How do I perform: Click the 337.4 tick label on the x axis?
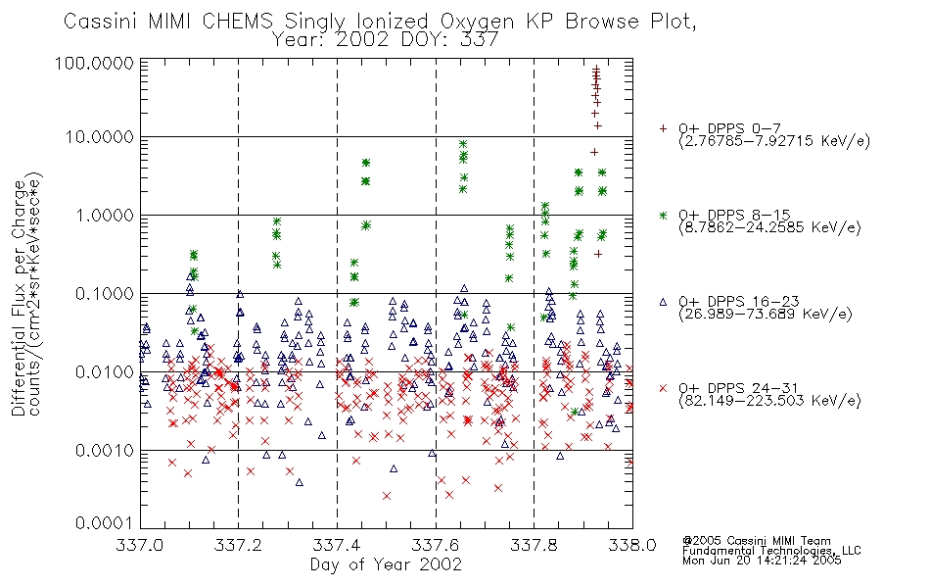pos(337,545)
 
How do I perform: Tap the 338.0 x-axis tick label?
pos(632,545)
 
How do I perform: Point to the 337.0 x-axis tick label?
pos(140,545)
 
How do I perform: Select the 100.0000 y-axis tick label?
pos(94,63)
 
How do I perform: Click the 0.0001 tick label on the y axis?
pos(105,523)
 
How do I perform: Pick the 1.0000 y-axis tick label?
pos(105,215)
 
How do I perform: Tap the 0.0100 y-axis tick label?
pos(105,372)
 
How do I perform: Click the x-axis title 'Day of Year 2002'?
pos(386,564)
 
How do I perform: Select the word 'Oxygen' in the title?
pos(478,23)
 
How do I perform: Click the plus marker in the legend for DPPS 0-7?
pos(663,128)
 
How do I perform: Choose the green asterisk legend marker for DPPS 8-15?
pos(663,215)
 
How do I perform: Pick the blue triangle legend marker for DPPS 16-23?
pos(663,302)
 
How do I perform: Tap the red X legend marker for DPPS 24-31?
pos(663,388)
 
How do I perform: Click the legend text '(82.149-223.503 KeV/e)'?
pos(769,401)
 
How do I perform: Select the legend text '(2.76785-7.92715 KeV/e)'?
pos(774,141)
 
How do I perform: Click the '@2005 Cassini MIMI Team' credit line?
pos(757,541)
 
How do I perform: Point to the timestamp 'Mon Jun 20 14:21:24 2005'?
pos(762,561)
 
